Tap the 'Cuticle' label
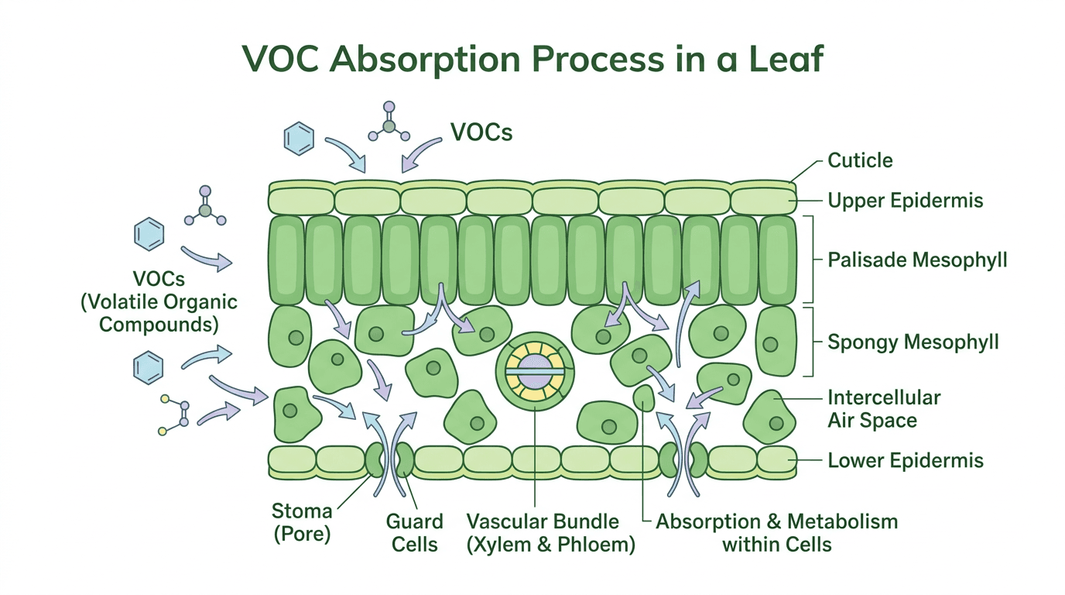tap(860, 161)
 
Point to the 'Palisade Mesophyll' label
tap(917, 260)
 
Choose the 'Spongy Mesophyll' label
tap(913, 342)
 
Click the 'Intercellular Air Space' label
tap(883, 409)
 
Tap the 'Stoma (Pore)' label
tap(302, 522)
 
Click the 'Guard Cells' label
tap(415, 532)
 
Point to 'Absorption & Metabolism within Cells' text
tap(776, 532)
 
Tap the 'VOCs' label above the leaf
tap(481, 132)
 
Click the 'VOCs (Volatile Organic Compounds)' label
tap(159, 301)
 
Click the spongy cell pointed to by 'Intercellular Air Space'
tap(770, 416)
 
